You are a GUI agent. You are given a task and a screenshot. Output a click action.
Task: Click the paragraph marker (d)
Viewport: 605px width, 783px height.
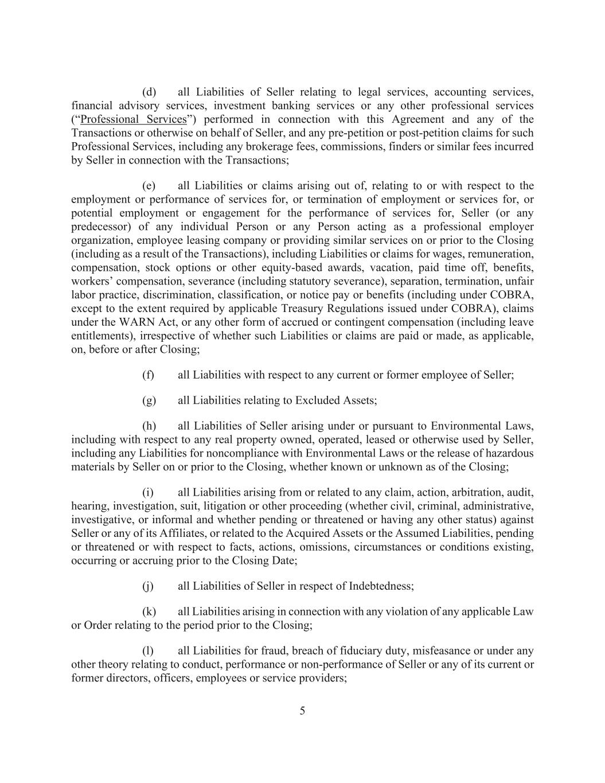point(149,92)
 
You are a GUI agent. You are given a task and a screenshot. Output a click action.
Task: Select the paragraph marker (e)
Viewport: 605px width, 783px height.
point(149,186)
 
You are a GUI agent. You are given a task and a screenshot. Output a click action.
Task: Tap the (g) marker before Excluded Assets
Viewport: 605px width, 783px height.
point(149,400)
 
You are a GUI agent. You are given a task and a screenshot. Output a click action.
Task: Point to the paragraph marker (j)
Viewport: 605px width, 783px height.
point(148,586)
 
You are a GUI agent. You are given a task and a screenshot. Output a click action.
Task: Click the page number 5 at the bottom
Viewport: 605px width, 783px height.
point(302,711)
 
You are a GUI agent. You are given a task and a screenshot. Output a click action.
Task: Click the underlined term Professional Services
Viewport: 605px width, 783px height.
point(134,119)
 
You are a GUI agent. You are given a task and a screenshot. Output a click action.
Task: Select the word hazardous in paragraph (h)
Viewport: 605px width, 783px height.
point(511,453)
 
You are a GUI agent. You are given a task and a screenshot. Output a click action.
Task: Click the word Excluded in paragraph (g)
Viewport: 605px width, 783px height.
point(315,400)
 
